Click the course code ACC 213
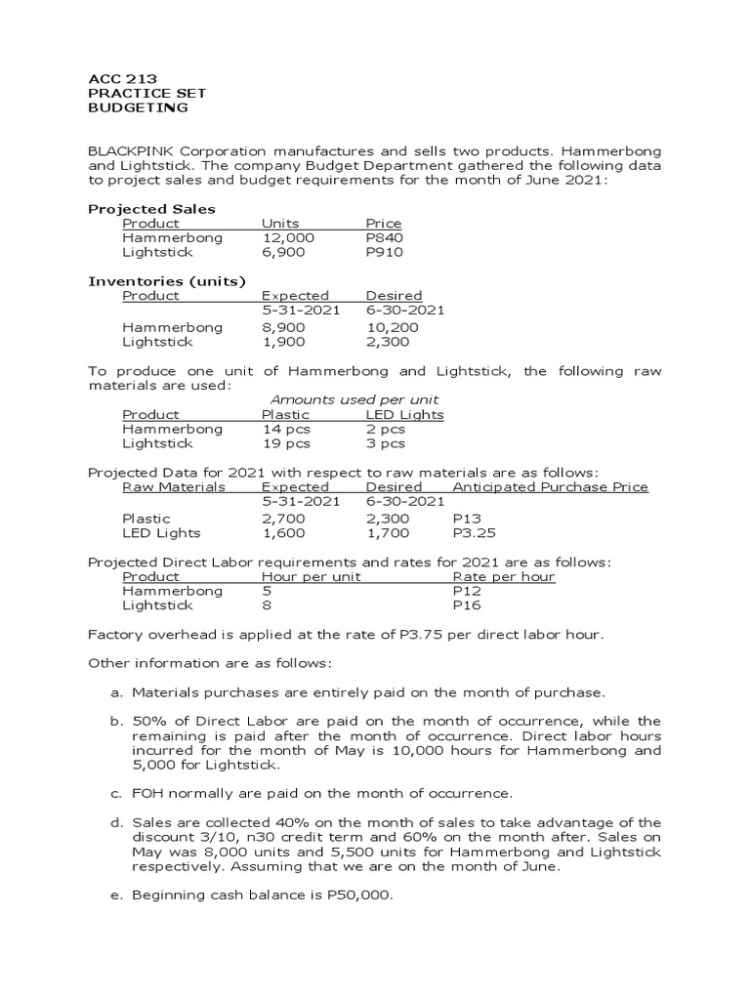[x=123, y=79]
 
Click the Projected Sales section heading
[x=151, y=209]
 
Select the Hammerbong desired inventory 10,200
[x=392, y=327]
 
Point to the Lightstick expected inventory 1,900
[x=284, y=342]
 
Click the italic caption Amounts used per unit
[x=354, y=399]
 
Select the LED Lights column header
[x=404, y=414]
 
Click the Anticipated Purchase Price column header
[x=550, y=486]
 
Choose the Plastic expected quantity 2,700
[x=284, y=519]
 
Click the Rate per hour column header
[x=504, y=576]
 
